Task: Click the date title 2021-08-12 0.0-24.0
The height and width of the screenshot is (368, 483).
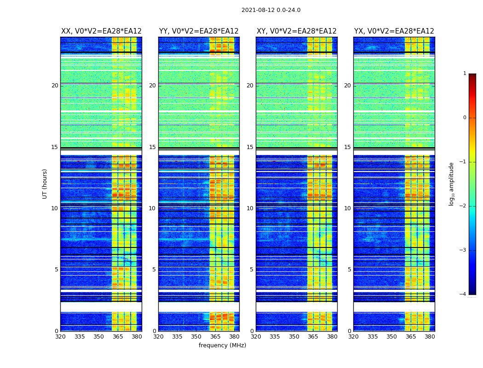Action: click(271, 10)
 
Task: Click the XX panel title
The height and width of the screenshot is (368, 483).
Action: click(101, 31)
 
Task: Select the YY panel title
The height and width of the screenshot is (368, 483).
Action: click(199, 31)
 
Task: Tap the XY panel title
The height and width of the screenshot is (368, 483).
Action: click(297, 31)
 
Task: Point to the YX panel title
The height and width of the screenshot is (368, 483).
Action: click(394, 31)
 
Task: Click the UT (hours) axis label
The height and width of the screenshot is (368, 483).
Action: click(45, 184)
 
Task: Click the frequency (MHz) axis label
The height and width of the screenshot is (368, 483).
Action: click(222, 345)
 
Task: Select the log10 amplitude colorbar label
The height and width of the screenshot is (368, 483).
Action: click(452, 184)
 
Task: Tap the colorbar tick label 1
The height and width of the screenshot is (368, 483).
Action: click(465, 74)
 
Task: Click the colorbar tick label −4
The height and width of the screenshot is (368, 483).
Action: click(463, 294)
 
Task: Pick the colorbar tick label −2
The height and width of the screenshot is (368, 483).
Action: click(463, 206)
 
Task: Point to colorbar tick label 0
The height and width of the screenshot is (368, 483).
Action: click(465, 118)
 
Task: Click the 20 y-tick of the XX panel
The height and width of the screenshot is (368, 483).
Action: click(55, 86)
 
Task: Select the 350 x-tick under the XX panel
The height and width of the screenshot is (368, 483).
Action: click(98, 337)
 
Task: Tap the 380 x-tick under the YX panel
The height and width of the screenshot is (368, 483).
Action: click(430, 337)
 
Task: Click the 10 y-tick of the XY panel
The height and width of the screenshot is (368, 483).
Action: click(250, 208)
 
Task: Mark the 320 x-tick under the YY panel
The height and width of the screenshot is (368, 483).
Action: click(158, 337)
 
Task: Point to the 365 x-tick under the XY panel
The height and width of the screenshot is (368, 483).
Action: click(313, 337)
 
